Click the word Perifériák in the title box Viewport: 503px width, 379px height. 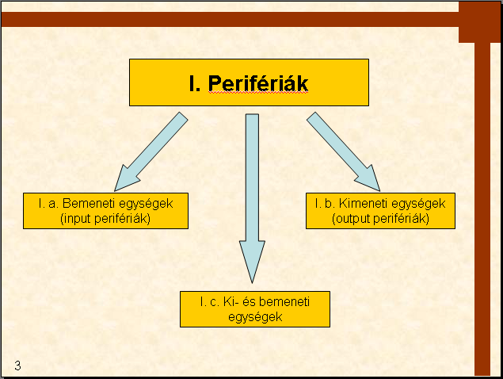(258, 83)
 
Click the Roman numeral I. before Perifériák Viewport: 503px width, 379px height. (195, 83)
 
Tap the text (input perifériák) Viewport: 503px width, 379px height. (105, 219)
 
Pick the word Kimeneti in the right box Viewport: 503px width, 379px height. (364, 203)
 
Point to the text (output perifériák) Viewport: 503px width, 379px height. (380, 219)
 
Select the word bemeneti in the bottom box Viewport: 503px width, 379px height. (284, 302)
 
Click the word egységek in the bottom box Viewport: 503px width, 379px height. (255, 317)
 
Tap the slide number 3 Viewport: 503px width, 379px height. (17, 366)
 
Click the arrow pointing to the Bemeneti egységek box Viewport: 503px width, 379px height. (151, 151)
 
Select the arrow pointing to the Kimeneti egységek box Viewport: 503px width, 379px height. (344, 151)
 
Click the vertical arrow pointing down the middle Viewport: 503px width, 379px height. (252, 198)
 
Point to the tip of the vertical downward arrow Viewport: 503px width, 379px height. (252, 283)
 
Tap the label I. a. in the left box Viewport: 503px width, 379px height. (48, 203)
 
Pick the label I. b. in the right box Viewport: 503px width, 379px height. (325, 203)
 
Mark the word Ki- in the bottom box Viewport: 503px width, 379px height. (231, 302)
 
